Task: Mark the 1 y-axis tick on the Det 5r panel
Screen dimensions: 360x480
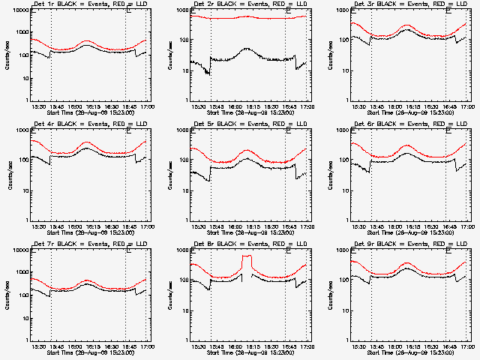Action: [x=180, y=220]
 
